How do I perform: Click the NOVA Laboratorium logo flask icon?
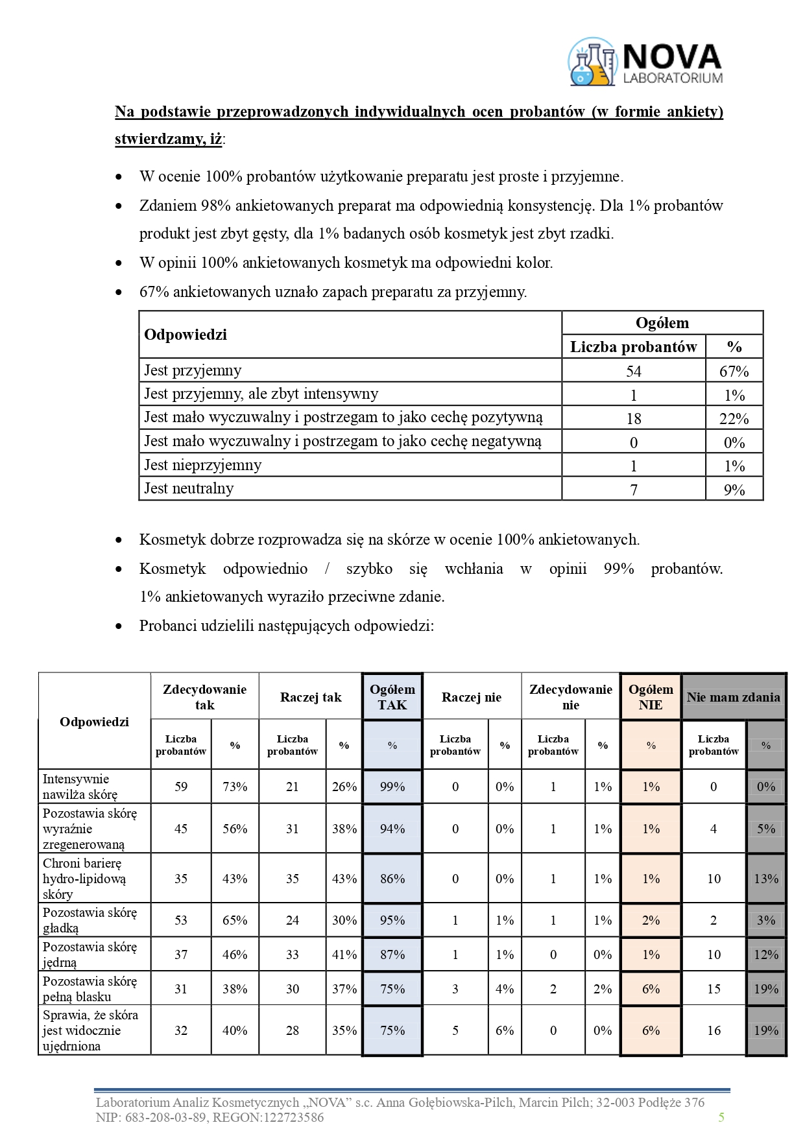(592, 62)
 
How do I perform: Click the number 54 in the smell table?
(633, 372)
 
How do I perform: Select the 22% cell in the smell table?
(734, 419)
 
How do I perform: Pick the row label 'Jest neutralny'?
(189, 488)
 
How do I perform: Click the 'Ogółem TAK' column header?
(392, 697)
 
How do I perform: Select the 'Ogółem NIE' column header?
(651, 697)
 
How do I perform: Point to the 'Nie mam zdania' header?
(733, 697)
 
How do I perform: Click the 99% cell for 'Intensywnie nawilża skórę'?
(392, 787)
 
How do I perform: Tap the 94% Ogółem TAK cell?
(392, 829)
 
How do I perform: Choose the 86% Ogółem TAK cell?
(392, 879)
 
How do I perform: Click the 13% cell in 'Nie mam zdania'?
(765, 879)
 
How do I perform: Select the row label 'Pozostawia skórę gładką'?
(90, 920)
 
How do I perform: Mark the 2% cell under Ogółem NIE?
(651, 920)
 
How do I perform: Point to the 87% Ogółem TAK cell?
(392, 954)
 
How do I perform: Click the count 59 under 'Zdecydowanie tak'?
(181, 787)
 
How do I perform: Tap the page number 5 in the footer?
(721, 1117)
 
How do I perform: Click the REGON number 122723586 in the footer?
(296, 1117)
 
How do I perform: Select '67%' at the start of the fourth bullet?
(154, 292)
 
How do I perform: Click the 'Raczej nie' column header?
(472, 697)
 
